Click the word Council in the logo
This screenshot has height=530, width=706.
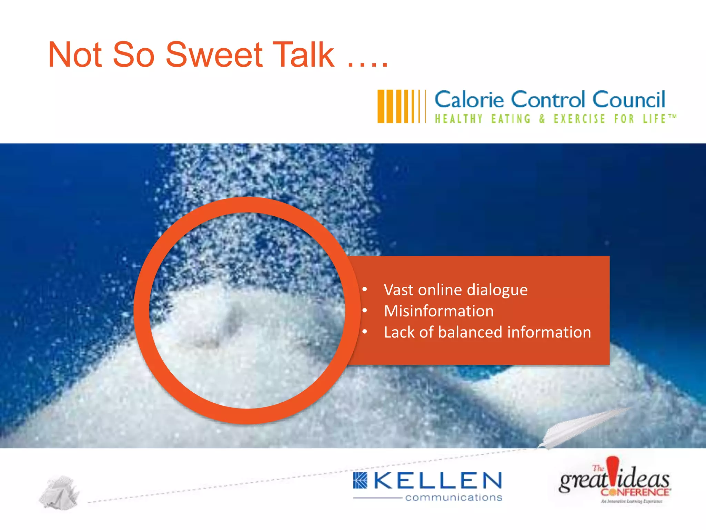pyautogui.click(x=628, y=100)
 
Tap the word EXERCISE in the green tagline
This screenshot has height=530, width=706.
pyautogui.click(x=579, y=119)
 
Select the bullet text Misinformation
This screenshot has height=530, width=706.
pyautogui.click(x=438, y=311)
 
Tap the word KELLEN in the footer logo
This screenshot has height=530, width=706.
pyautogui.click(x=438, y=481)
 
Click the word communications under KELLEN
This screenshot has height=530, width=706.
pyautogui.click(x=454, y=498)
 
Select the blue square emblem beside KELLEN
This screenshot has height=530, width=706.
pyautogui.click(x=361, y=481)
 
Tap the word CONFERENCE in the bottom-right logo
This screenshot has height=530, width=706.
pyautogui.click(x=635, y=492)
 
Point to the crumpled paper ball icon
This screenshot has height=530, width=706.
pyautogui.click(x=59, y=493)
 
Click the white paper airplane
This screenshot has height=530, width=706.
pyautogui.click(x=579, y=428)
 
